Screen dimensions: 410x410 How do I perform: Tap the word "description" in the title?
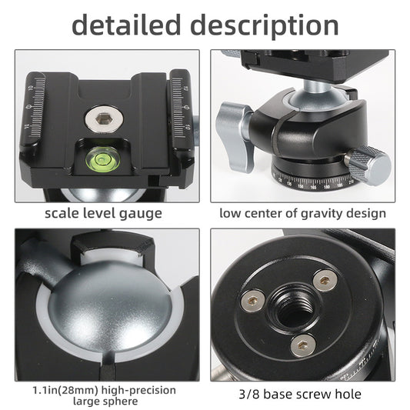pyautogui.click(x=265, y=25)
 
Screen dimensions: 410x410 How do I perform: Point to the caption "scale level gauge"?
pyautogui.click(x=103, y=213)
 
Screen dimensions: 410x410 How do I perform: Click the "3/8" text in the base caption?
pyautogui.click(x=247, y=394)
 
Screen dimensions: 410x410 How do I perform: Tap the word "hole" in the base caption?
pyautogui.click(x=346, y=394)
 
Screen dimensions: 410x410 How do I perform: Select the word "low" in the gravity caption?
pyautogui.click(x=232, y=213)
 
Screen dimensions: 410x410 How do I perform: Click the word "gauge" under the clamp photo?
pyautogui.click(x=141, y=213)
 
